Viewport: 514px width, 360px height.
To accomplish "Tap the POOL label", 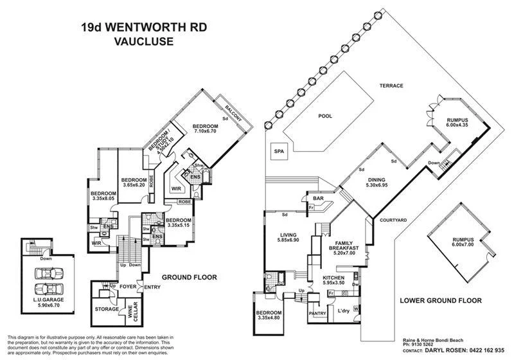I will [x=326, y=117].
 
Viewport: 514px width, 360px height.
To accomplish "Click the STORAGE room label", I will [x=107, y=309].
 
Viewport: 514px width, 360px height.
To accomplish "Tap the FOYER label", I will [x=127, y=287].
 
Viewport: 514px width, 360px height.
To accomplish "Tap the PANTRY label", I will [x=317, y=313].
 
